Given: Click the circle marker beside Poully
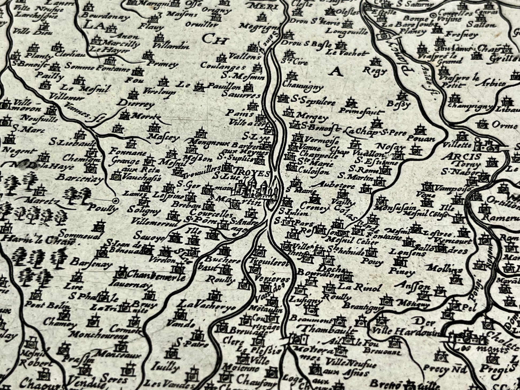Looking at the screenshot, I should [x=116, y=201].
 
